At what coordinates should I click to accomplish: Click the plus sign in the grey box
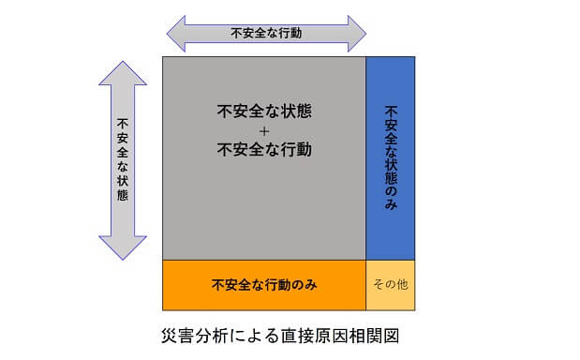coord(264,129)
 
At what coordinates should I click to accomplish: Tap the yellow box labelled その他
coord(390,284)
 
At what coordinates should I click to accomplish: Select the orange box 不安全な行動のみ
coord(263,284)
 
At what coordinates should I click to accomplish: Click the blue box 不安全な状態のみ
coord(390,157)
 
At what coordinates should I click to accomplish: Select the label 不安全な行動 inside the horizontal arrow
coord(265,33)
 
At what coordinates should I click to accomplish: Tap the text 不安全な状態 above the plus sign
coord(264,110)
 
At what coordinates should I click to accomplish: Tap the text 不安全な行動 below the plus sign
coord(264,149)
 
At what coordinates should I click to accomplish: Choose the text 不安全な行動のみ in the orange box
coord(263,284)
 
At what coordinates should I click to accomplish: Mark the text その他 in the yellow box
coord(390,284)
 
